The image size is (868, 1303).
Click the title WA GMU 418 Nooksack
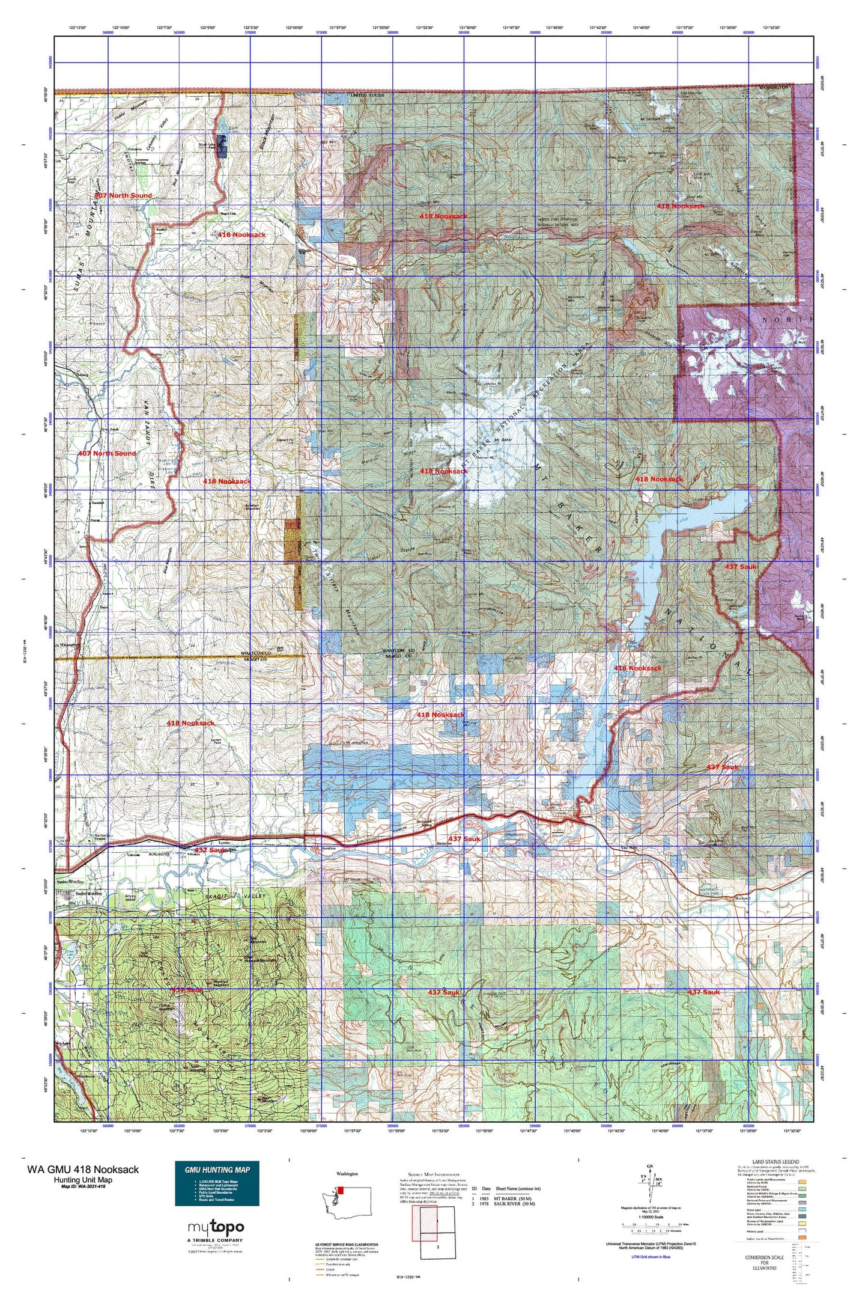point(83,1169)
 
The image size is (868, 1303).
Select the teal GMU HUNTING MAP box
point(217,1183)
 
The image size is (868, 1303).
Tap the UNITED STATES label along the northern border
point(367,96)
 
